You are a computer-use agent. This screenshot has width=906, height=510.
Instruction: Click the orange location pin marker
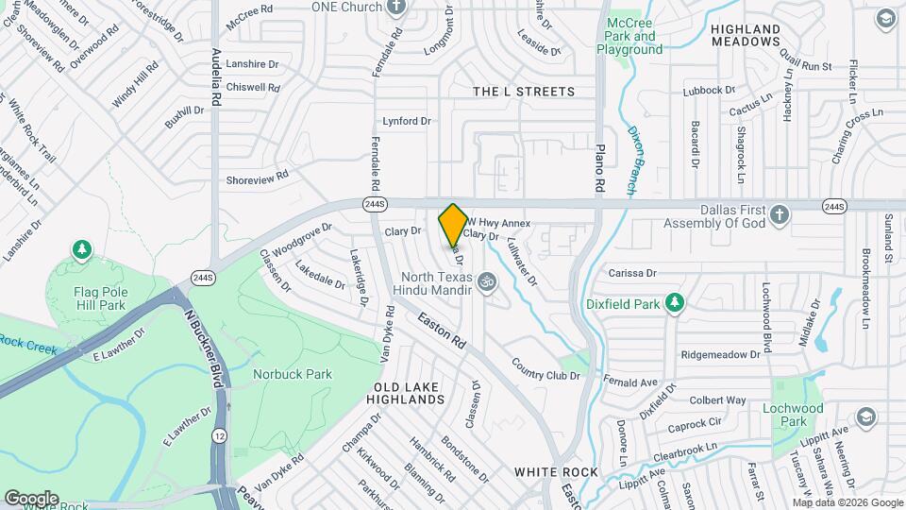point(453,226)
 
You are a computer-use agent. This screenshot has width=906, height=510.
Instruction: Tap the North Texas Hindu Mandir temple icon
point(487,281)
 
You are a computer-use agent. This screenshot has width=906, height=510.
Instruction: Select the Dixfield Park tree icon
point(674,303)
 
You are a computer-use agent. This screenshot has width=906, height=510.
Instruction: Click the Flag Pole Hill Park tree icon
point(83,249)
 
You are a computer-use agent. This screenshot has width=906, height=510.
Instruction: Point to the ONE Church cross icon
point(395,7)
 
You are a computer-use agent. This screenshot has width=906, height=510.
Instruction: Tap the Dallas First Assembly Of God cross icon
point(780,213)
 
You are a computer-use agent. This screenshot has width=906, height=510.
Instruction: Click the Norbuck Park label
point(293,374)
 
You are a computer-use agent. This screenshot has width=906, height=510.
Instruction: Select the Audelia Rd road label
point(216,76)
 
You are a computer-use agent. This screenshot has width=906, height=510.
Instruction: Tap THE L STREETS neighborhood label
point(523,92)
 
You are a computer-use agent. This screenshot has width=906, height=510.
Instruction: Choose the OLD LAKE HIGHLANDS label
point(409,394)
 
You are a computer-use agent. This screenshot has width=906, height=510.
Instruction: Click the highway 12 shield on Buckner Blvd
point(219,435)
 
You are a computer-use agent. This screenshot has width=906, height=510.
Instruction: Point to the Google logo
point(31,498)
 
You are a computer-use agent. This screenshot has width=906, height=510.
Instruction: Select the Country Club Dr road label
point(546,369)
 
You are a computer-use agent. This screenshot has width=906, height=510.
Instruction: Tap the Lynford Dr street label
point(406,121)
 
